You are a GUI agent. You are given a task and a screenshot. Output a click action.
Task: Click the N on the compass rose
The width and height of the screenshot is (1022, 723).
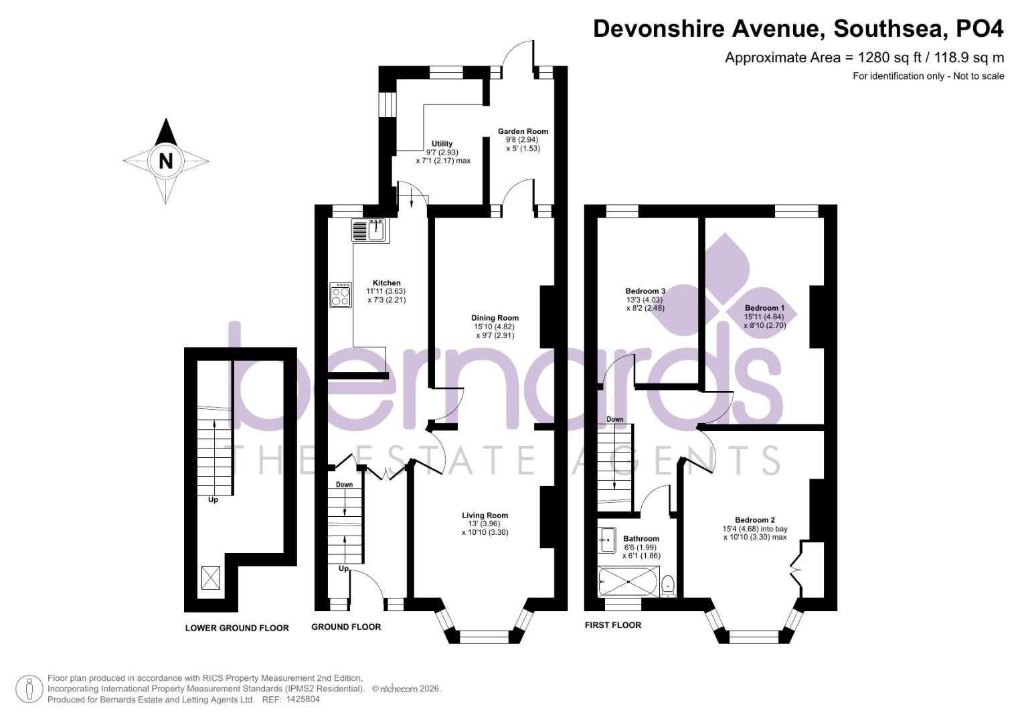tap(166, 161)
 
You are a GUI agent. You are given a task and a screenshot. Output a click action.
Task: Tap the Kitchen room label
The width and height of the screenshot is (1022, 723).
tap(386, 283)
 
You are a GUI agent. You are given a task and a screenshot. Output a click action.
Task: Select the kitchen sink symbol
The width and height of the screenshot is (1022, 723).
tap(367, 231)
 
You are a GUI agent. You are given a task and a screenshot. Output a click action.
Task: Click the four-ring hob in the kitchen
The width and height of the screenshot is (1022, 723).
tap(340, 295)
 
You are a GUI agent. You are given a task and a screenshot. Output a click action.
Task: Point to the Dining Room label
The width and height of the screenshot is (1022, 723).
tap(495, 318)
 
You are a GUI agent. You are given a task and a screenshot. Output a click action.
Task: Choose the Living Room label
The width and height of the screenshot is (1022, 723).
tap(485, 515)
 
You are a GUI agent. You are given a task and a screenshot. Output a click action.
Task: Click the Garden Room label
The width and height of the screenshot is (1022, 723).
tap(523, 131)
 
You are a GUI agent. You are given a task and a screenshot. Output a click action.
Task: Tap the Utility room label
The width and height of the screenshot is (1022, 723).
tap(442, 144)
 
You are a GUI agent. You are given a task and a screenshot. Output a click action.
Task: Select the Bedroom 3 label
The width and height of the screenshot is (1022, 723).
tap(645, 291)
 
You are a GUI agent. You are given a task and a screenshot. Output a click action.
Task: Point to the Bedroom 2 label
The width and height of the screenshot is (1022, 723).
tap(754, 520)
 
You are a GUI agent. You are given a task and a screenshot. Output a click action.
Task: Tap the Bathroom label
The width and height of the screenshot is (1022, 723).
tap(641, 539)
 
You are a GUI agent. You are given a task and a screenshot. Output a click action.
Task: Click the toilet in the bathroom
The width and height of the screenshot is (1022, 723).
tap(668, 586)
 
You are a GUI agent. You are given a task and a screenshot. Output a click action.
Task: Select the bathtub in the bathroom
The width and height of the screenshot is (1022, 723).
tap(629, 582)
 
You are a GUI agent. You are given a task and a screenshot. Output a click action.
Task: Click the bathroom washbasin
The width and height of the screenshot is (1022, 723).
tap(608, 540)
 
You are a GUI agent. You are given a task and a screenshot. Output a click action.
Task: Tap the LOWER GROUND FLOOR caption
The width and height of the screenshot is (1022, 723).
tap(237, 628)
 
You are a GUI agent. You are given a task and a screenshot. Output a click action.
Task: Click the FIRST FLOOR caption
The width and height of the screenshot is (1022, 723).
tap(612, 625)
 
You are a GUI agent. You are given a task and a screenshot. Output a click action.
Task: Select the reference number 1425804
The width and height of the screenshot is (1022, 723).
tap(303, 700)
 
